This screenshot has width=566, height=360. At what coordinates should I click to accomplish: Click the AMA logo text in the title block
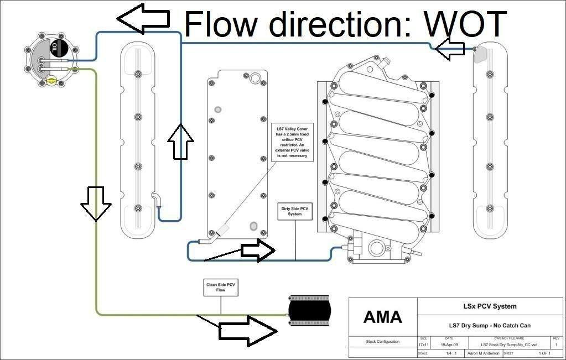click(382, 317)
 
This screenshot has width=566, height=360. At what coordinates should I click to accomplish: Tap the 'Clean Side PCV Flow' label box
click(221, 287)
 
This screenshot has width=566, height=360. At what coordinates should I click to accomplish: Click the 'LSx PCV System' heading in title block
click(490, 306)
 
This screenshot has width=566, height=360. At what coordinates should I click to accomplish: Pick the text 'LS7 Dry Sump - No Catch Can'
click(490, 325)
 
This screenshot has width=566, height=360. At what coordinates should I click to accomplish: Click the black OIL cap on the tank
click(57, 48)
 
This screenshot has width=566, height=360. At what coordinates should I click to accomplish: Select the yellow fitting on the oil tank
click(51, 81)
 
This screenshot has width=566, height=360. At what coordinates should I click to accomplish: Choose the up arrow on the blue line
click(181, 142)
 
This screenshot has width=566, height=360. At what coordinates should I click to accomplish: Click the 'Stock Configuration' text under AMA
click(382, 342)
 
